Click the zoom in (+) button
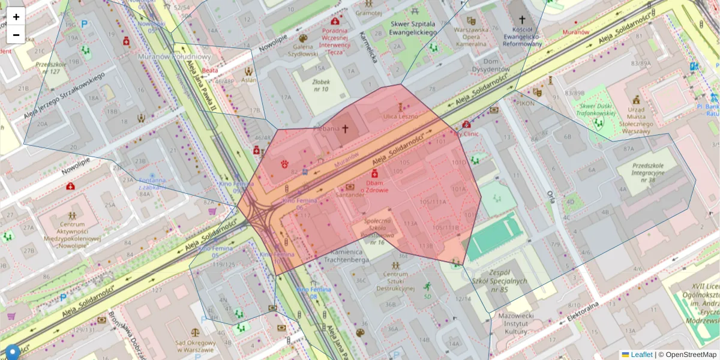[x=16, y=17]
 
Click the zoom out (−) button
[x=16, y=35]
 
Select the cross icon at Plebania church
[x=345, y=128]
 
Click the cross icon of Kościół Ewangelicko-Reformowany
[x=522, y=19]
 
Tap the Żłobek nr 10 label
[x=320, y=85]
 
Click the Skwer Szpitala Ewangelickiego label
[x=412, y=28]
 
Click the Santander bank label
[x=351, y=195]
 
